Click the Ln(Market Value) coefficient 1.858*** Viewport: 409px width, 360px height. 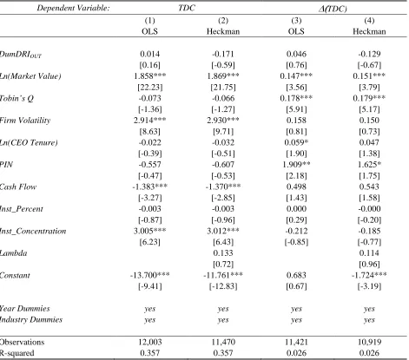coord(150,76)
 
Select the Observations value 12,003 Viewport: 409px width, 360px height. coord(150,342)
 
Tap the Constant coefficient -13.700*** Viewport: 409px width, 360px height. coord(150,275)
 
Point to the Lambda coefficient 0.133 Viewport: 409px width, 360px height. coord(223,253)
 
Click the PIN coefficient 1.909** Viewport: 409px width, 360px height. coord(296,165)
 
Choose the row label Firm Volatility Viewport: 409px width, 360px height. coord(25,121)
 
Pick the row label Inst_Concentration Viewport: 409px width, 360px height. coord(33,231)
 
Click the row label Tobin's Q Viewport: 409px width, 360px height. coord(16,98)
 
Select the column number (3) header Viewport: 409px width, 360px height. coord(296,21)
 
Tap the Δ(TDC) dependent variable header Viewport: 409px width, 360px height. coord(333,9)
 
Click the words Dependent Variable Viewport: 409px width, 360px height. coord(73,8)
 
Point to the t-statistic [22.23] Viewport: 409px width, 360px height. coord(150,87)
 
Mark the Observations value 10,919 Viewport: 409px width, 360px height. coord(369,342)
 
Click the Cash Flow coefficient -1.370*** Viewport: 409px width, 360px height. coord(223,187)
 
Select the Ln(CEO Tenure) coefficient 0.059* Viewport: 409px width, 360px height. coord(296,142)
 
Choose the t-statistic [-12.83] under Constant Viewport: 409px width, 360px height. coord(223,286)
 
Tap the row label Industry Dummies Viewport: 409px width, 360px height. coord(31,319)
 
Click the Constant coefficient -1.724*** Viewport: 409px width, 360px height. coord(369,275)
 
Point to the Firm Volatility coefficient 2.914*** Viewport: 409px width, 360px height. coord(150,121)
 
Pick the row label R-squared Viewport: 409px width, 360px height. coord(16,353)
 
